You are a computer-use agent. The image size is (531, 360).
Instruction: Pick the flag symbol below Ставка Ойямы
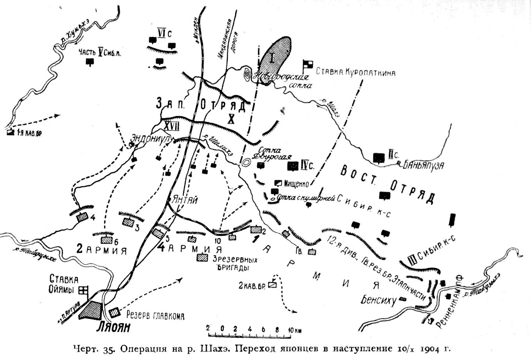coord(83,290)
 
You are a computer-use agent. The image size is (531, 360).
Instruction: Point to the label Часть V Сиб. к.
coord(99,53)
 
